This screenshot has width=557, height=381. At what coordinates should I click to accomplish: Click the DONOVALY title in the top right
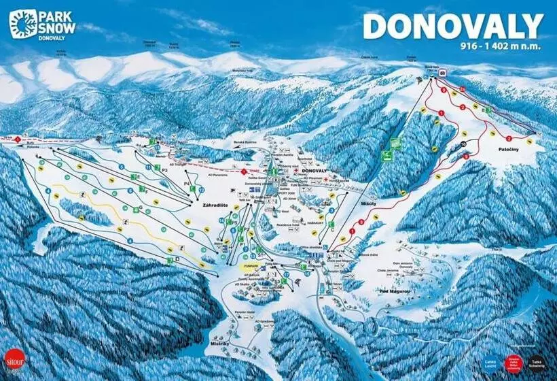(x=453, y=27)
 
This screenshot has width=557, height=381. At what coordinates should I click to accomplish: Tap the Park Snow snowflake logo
(x=22, y=23)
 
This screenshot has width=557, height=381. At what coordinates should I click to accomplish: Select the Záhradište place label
(x=209, y=203)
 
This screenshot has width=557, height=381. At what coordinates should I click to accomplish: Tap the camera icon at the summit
(x=442, y=71)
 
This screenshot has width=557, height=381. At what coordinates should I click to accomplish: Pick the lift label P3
(x=164, y=167)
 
